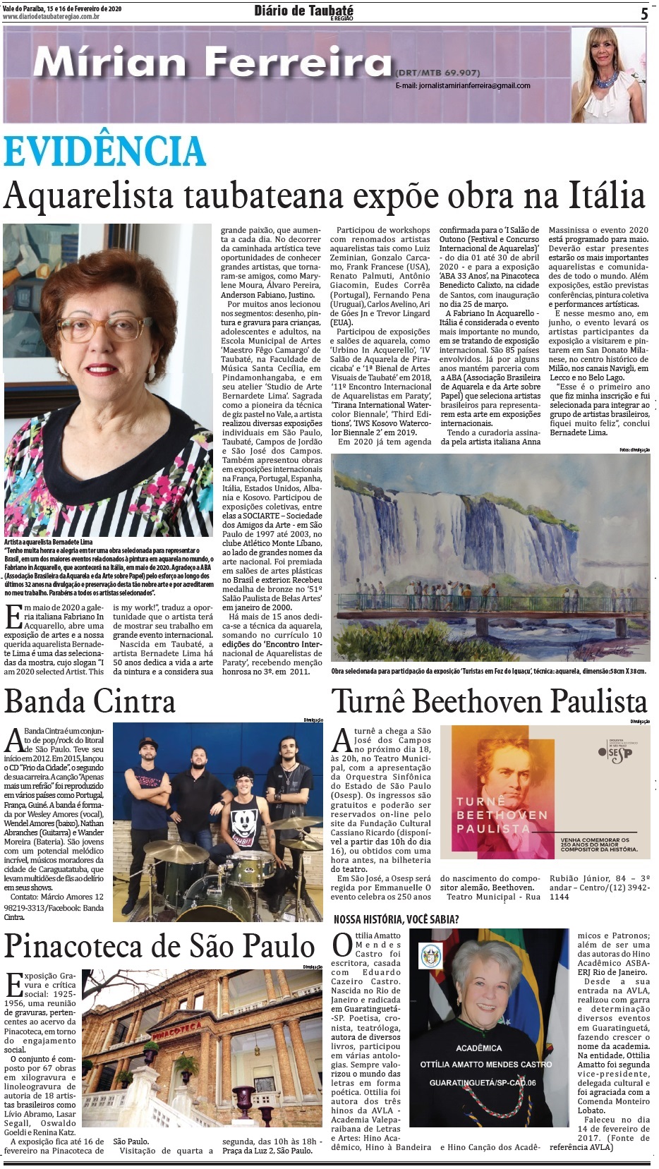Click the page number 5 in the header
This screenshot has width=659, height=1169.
pyautogui.click(x=644, y=13)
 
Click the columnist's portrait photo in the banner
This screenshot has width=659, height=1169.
pyautogui.click(x=607, y=75)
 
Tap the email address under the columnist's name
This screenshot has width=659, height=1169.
pyautogui.click(x=463, y=85)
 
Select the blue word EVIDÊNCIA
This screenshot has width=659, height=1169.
pyautogui.click(x=104, y=151)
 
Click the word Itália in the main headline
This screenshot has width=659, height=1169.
pyautogui.click(x=605, y=195)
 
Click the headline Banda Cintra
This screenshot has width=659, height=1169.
pyautogui.click(x=90, y=702)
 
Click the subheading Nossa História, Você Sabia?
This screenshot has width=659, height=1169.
pyautogui.click(x=396, y=919)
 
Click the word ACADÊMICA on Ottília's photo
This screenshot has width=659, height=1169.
pyautogui.click(x=478, y=1048)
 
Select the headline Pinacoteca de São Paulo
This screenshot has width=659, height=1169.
pyautogui.click(x=159, y=947)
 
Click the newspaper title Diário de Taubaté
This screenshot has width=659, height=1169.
pyautogui.click(x=303, y=11)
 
